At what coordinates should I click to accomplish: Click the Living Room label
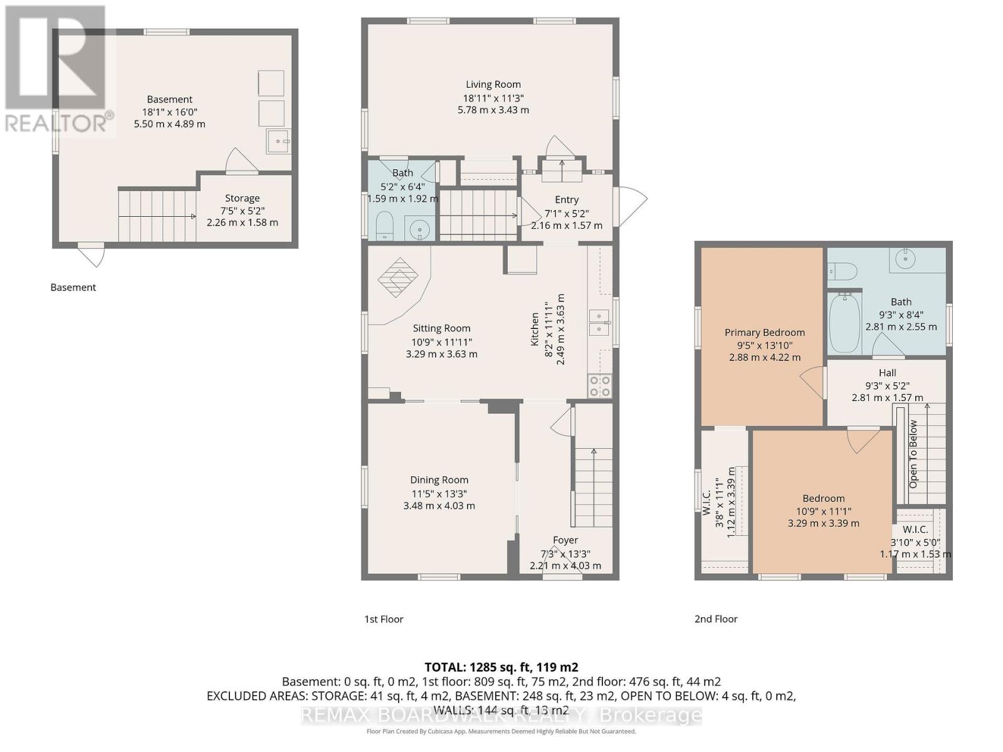pos(493,85)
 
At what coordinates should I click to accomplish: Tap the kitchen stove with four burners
pos(599,386)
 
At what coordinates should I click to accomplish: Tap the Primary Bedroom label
pos(764,333)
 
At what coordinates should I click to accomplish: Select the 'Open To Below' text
pos(913,454)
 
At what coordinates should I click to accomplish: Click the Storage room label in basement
pos(242,198)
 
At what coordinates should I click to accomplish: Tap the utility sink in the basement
pos(278,141)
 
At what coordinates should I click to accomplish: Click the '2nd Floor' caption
pos(716,619)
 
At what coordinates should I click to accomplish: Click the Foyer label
pos(565,540)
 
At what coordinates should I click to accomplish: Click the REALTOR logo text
pos(60,123)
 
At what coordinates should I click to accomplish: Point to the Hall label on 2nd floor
pos(887,373)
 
